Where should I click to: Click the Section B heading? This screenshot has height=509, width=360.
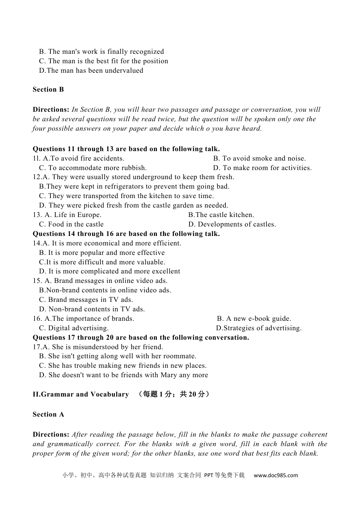(48, 90)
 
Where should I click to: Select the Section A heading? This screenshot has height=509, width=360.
(48, 415)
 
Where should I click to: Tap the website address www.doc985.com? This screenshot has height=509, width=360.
(275, 475)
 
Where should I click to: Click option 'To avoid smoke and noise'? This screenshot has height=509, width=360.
(260, 159)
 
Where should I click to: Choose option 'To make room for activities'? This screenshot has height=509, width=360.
(262, 168)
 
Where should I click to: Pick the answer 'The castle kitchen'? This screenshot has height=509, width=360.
(221, 215)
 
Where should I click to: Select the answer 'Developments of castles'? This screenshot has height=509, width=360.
(232, 225)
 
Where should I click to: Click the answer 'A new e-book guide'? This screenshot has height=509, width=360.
(254, 319)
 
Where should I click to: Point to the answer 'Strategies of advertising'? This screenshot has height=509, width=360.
(259, 328)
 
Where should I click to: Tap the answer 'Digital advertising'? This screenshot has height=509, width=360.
(74, 328)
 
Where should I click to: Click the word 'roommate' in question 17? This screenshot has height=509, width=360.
(180, 356)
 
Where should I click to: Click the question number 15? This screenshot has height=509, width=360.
(37, 281)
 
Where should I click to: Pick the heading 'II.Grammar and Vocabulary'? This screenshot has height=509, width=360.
(81, 395)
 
